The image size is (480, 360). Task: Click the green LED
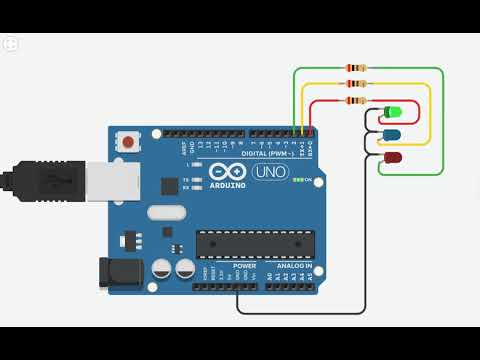click(x=393, y=112)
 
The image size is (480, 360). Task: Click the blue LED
click(x=392, y=135)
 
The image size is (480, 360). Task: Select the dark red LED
click(x=393, y=158)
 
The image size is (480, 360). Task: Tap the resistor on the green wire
click(x=356, y=68)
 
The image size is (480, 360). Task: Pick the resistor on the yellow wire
click(x=356, y=84)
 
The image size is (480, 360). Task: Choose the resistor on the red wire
click(x=356, y=100)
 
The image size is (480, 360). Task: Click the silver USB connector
click(x=106, y=181)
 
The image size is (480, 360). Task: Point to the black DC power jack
click(x=114, y=272)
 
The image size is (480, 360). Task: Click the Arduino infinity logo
click(x=229, y=170)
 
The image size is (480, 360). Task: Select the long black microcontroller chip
click(x=255, y=243)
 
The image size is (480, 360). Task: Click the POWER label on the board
click(x=244, y=266)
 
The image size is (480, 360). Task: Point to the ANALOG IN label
click(x=295, y=266)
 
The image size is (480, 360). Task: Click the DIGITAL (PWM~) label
click(x=266, y=153)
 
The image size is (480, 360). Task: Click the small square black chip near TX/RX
click(x=170, y=185)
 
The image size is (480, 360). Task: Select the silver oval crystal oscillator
click(x=167, y=212)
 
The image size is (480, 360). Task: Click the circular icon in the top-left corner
click(x=11, y=44)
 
